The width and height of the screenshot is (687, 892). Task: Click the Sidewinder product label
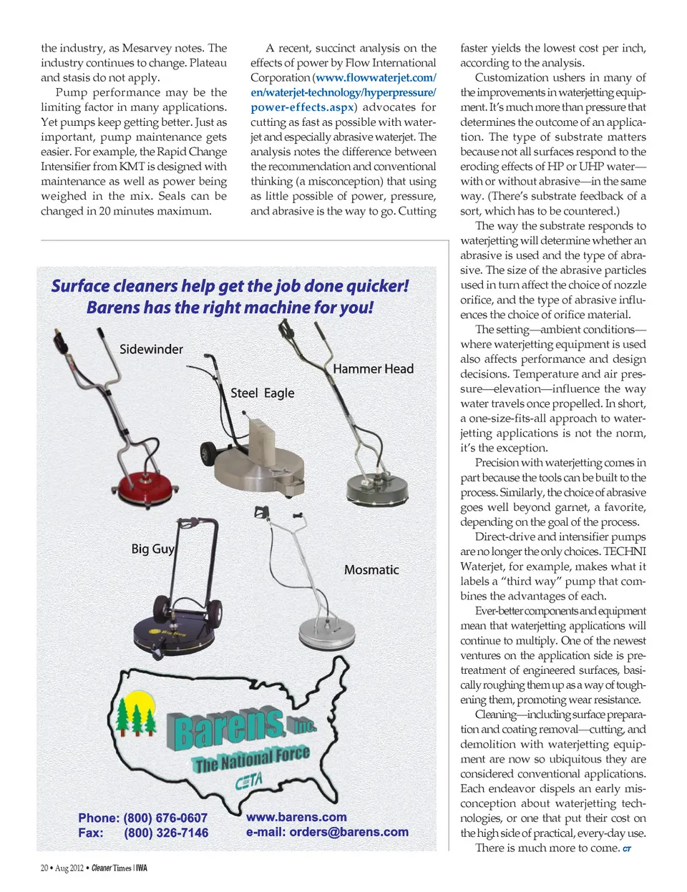click(x=151, y=349)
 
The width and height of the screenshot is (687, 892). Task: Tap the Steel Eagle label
click(x=262, y=393)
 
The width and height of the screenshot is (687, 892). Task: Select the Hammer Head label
click(x=373, y=368)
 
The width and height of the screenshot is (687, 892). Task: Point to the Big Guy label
click(x=152, y=549)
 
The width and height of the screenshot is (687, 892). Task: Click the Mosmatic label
click(x=371, y=569)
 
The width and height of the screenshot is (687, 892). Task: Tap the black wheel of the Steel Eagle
click(x=209, y=454)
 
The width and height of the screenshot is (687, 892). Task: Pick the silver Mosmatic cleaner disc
click(x=326, y=633)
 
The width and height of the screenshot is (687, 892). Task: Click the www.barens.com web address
click(x=296, y=817)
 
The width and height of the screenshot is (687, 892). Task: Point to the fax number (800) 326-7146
click(x=166, y=833)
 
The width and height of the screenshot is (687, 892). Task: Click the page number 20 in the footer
click(x=44, y=868)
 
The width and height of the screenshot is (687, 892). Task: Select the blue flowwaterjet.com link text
click(x=375, y=77)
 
